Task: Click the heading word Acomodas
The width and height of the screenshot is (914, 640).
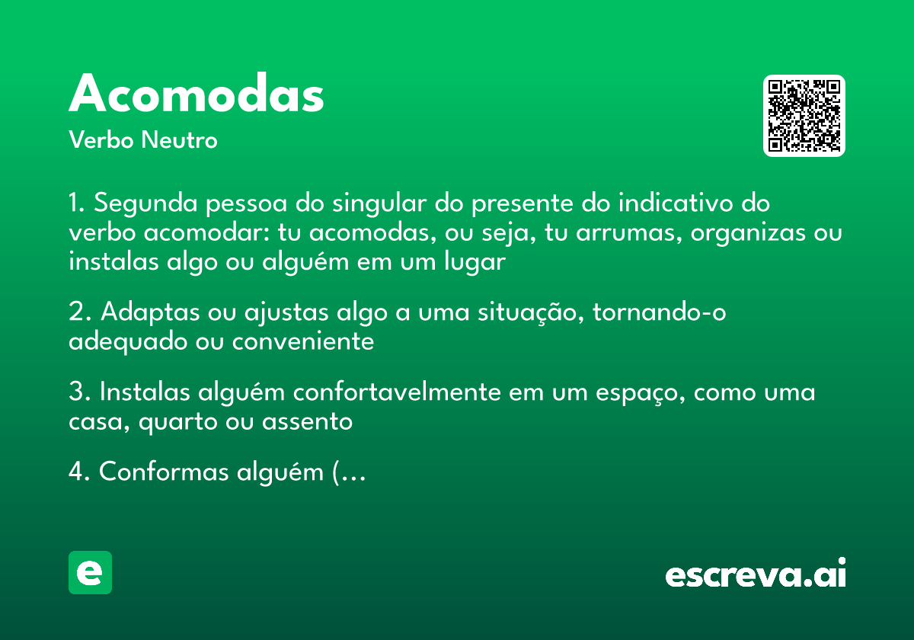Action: (197, 94)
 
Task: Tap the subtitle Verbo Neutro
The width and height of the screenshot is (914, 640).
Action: (142, 140)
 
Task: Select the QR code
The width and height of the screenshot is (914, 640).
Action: (804, 116)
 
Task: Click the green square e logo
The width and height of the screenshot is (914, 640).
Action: (90, 572)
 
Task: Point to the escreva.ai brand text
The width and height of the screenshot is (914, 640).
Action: (756, 574)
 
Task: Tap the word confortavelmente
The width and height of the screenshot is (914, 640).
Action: (397, 392)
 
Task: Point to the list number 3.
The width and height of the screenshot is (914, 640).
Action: (77, 392)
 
